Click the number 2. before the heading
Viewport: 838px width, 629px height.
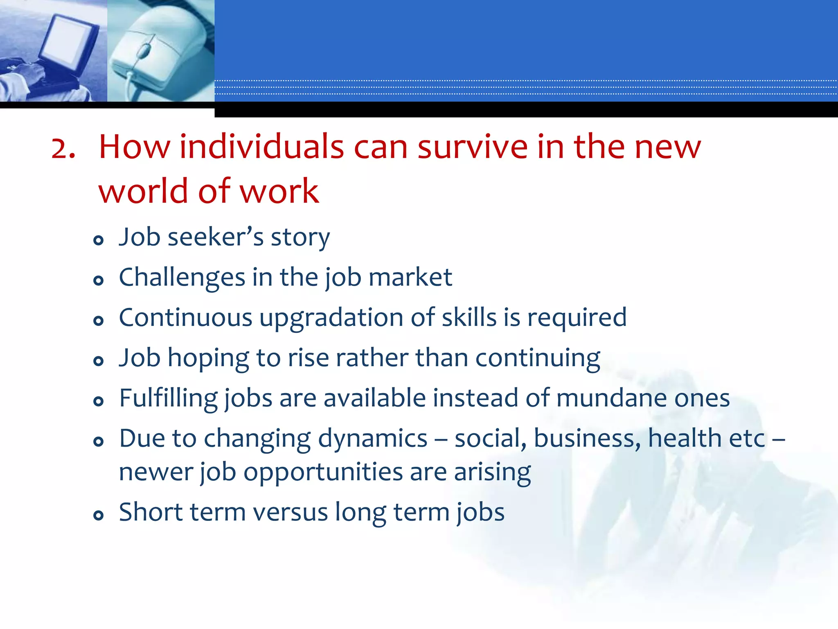[x=63, y=148]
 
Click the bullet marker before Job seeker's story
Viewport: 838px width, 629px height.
[x=98, y=240]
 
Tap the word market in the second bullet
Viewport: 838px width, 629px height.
[x=410, y=278]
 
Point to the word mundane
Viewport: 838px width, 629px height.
[x=611, y=398]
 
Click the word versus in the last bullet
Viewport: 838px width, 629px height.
[x=291, y=512]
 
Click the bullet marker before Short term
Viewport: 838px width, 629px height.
[x=98, y=515]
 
